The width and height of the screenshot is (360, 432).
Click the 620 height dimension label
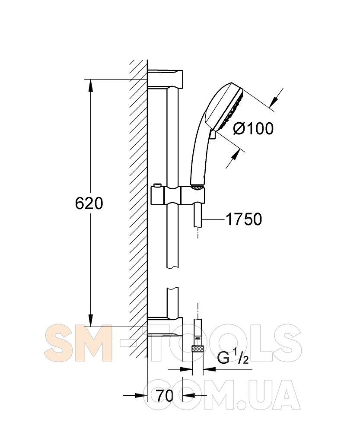click(89, 203)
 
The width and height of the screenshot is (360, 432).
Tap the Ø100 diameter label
click(253, 128)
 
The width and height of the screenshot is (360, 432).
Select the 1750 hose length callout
click(244, 219)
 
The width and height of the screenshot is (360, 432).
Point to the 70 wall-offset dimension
click(165, 396)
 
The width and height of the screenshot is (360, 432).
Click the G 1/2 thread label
click(233, 357)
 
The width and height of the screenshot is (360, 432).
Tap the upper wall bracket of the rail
click(165, 79)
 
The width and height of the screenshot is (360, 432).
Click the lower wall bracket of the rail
click(165, 327)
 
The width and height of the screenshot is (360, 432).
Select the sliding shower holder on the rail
click(178, 196)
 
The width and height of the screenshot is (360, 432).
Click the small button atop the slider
click(157, 185)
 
